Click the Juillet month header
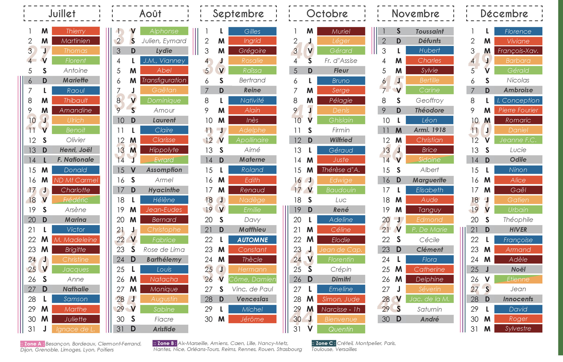coord(62,13)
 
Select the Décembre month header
coord(504,13)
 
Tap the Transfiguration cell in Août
coord(164,80)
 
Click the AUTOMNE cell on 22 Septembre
coord(252,240)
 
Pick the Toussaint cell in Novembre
coord(429,31)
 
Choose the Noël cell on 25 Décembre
coord(518,269)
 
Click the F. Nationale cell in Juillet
coord(76,160)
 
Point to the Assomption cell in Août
coord(164,170)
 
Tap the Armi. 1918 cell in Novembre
coord(429,130)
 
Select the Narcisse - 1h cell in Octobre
coord(341,309)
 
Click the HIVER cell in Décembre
coord(518,230)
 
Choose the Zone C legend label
coord(324,343)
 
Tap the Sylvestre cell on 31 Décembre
coord(518,328)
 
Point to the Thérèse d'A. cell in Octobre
coord(341,170)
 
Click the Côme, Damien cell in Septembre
coord(252,279)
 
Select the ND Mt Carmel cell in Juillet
coord(76,180)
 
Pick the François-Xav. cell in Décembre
coord(518,51)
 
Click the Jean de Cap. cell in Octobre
coord(341,250)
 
